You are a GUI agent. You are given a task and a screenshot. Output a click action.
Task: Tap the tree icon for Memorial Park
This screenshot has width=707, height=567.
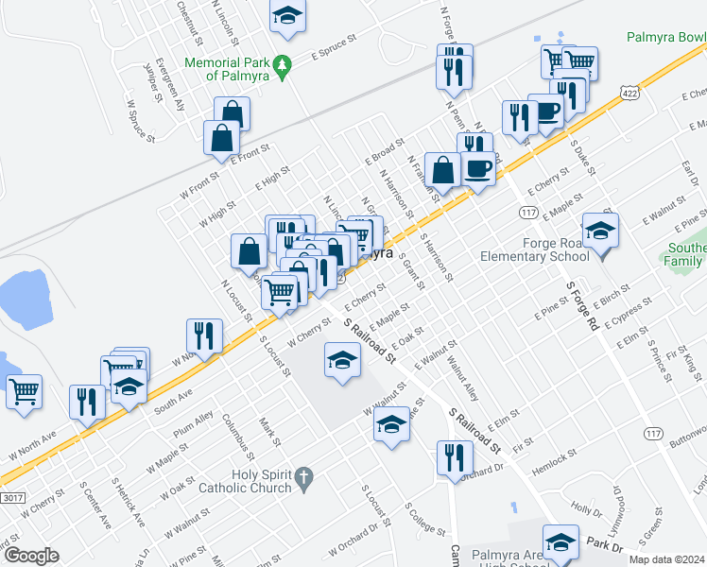tap(283, 68)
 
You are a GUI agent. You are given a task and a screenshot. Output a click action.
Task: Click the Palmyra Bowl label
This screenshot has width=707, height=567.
tap(665, 37)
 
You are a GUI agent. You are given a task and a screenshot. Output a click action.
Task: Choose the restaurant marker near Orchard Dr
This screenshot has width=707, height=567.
tap(455, 459)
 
